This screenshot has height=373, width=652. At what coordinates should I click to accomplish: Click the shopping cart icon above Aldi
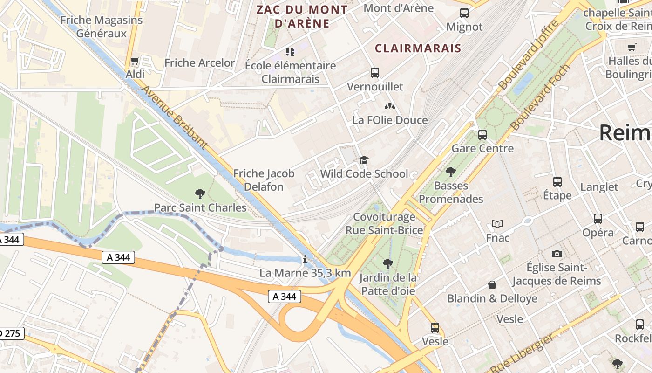tap(135, 61)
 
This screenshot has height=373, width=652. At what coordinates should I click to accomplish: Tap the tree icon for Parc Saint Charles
tap(200, 193)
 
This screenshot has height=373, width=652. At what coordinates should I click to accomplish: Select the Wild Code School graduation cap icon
tap(364, 160)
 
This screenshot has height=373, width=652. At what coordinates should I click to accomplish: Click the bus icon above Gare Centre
tap(482, 135)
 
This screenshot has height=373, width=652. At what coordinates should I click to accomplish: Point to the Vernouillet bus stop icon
tap(375, 73)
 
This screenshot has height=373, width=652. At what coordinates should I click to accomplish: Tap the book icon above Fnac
tap(497, 224)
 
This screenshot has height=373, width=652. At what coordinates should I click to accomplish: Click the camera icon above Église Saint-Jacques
tap(557, 254)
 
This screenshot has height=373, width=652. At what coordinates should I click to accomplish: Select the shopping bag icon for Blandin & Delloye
tap(492, 284)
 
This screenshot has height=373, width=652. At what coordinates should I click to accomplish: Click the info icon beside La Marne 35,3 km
tap(305, 260)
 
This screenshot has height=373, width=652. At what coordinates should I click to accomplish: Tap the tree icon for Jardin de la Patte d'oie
tap(387, 264)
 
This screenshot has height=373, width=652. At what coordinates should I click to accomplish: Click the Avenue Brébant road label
tap(174, 117)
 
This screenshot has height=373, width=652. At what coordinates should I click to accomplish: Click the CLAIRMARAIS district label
tap(418, 48)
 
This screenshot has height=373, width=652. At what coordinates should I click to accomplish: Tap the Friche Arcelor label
tap(199, 62)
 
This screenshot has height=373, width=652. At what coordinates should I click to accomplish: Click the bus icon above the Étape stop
tap(557, 182)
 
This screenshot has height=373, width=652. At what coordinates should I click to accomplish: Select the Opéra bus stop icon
tap(598, 218)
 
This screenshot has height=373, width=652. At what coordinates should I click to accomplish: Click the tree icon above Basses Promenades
tap(450, 172)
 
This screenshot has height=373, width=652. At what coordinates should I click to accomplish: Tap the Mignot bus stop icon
tap(464, 13)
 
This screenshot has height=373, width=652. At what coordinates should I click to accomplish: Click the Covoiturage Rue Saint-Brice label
tap(384, 223)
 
